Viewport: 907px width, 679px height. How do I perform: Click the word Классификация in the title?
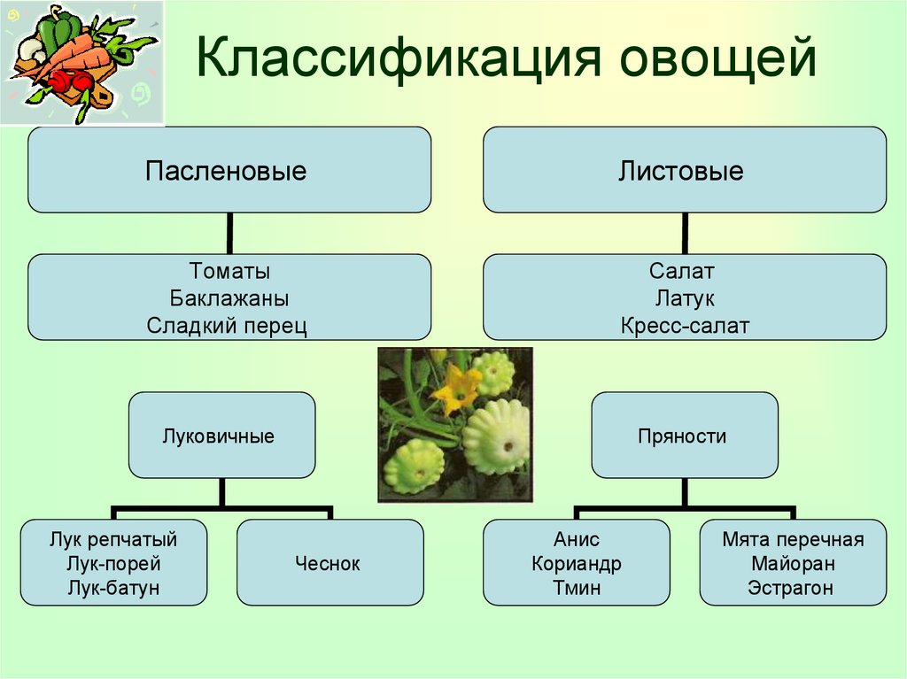399,58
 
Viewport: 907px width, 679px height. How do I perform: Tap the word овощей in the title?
717,58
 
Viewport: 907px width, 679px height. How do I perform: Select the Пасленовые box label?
226,171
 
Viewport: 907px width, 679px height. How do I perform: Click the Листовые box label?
681,171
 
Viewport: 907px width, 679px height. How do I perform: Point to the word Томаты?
229,271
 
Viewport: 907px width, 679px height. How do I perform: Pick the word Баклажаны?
229,298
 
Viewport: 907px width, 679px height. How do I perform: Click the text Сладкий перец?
227,326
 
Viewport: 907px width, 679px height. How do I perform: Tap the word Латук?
685,298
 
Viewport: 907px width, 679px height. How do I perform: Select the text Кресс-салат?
685,326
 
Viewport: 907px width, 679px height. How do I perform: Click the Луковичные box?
222,435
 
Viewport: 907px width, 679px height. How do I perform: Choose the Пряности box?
685,435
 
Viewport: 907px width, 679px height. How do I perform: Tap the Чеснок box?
330,562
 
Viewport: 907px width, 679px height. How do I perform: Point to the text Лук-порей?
113,563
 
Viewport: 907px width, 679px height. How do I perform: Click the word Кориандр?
576,563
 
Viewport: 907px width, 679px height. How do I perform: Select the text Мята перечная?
793,539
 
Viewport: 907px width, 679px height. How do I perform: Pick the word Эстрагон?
790,588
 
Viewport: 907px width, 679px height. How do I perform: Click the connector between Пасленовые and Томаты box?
229,233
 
